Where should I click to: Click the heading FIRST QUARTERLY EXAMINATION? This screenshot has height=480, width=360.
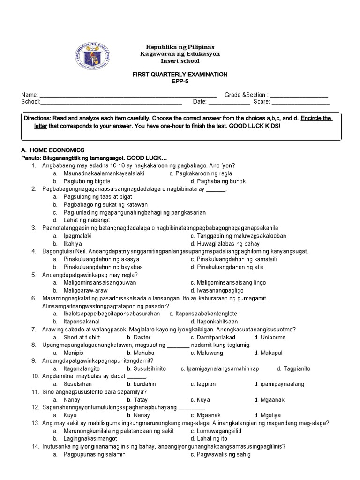point(180,75)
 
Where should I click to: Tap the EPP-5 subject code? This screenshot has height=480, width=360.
point(180,81)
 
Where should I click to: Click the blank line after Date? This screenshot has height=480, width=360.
point(229,102)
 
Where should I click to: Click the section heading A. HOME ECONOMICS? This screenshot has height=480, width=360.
point(53,150)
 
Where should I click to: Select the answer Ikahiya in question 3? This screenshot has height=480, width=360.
point(73,244)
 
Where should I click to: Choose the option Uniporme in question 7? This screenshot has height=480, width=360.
point(272,337)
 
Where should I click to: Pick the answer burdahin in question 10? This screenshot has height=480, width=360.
point(146,384)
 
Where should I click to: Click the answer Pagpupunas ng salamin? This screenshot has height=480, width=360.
point(95,455)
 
